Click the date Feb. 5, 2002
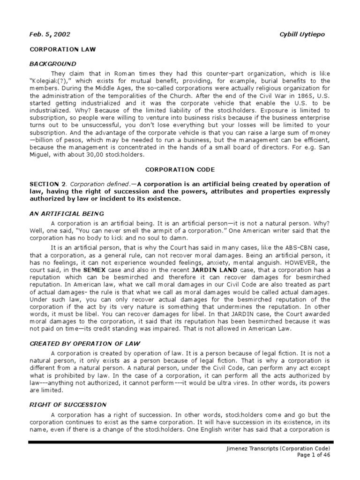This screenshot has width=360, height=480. tap(50, 35)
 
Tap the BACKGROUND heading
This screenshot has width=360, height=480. tap(52, 63)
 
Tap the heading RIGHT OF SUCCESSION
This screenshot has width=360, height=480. tap(68, 405)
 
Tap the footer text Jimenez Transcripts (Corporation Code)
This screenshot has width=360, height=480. tap(286, 450)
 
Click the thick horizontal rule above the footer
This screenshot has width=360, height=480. tap(180, 442)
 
